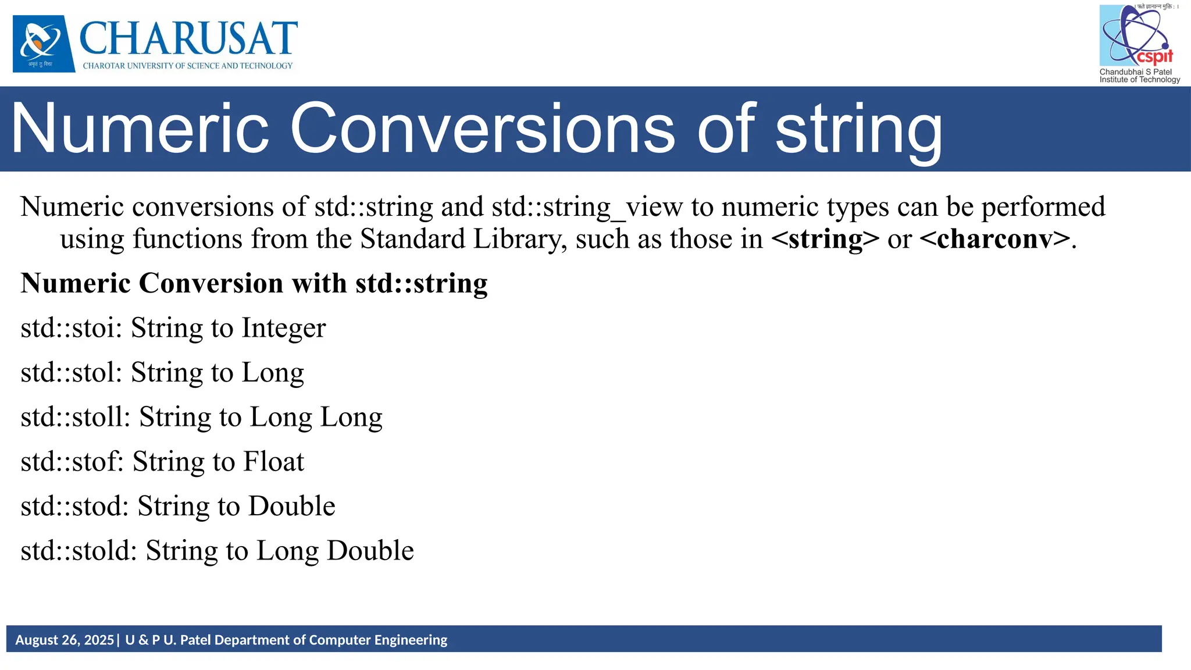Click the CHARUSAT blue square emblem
click(44, 44)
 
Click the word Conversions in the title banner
click(482, 129)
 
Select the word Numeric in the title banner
click(140, 129)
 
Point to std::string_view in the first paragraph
click(587, 207)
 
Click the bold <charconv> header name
click(995, 239)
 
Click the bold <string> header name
click(825, 239)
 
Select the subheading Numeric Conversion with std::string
click(254, 284)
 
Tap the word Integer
click(284, 328)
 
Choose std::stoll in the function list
click(75, 418)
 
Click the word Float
click(273, 462)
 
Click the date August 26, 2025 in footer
click(65, 640)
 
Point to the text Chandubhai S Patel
click(1135, 72)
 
